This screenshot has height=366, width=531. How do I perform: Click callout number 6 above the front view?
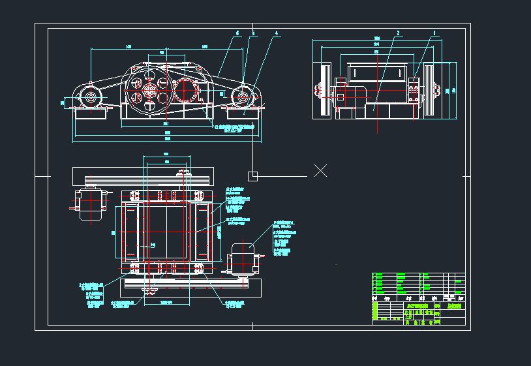(x=237, y=33)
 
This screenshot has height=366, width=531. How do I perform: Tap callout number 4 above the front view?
(x=277, y=33)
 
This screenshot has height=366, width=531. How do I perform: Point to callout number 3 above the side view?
(x=397, y=33)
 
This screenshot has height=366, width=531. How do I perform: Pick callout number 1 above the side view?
(x=434, y=33)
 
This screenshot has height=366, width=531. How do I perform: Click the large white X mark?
(x=320, y=171)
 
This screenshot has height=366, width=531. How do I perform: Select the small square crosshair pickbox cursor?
(x=253, y=175)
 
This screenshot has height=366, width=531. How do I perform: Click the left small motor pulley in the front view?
(x=89, y=99)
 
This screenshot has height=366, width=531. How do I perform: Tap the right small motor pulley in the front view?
(x=243, y=98)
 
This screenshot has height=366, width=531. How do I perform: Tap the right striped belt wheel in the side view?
(x=430, y=90)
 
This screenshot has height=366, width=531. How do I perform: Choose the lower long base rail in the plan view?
(x=189, y=286)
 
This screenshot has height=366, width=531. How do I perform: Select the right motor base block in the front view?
(x=243, y=112)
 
